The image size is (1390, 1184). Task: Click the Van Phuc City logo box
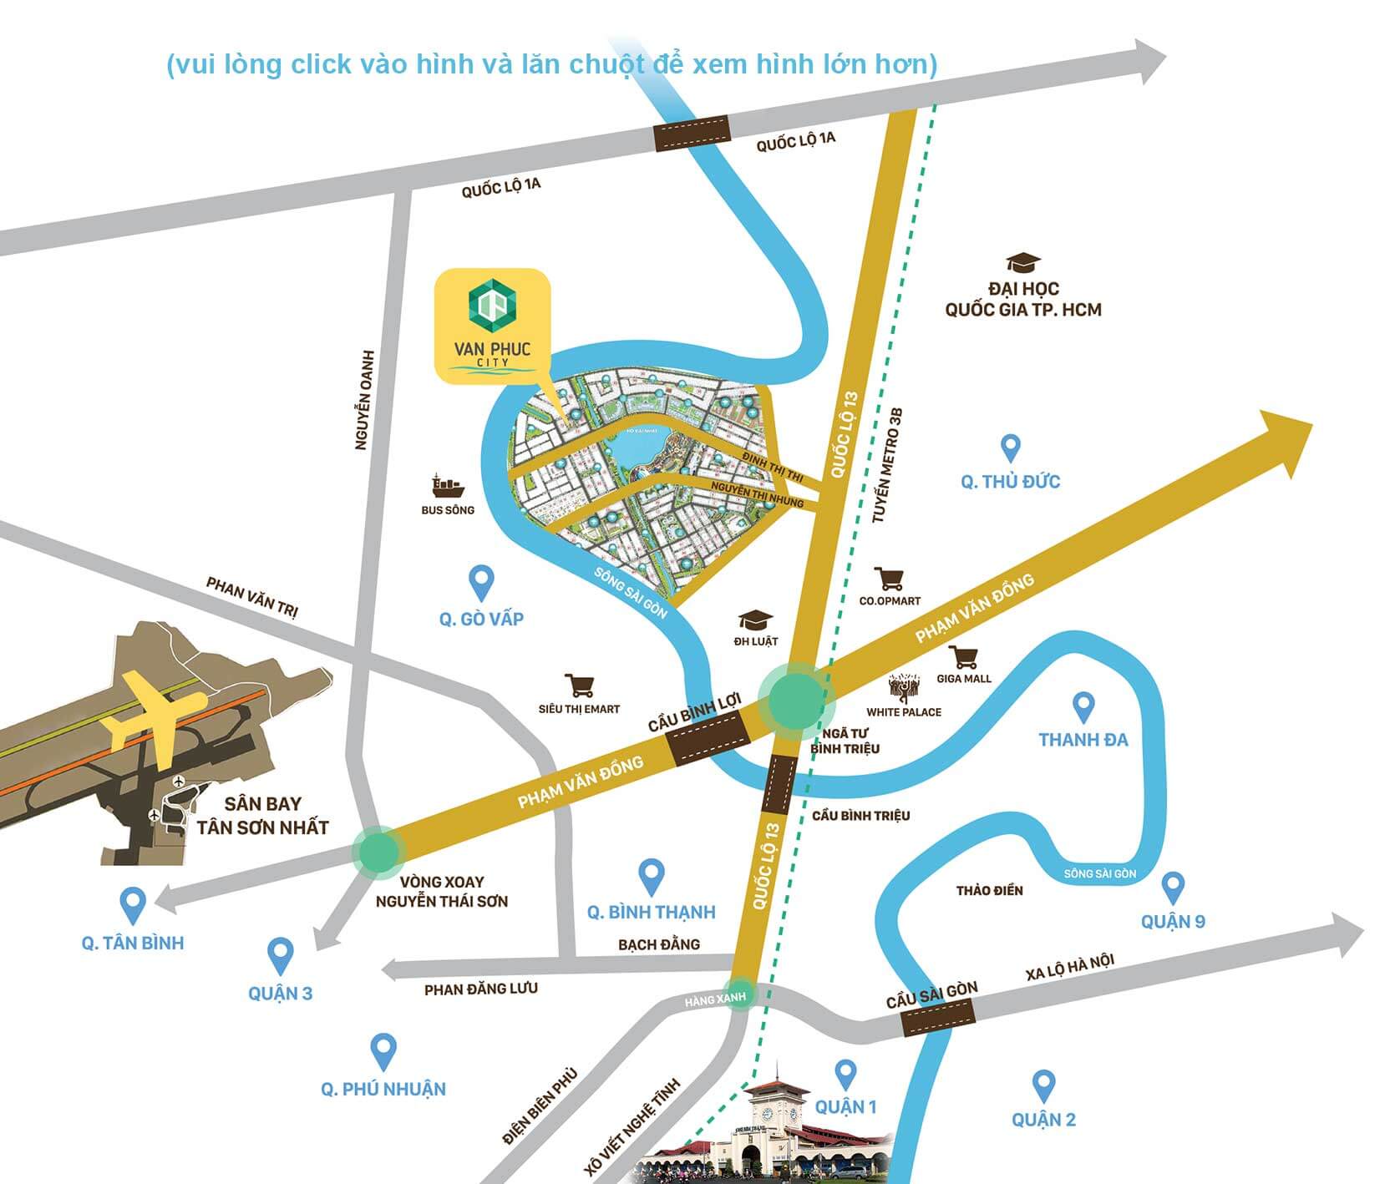(492, 326)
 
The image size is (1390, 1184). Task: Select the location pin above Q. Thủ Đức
(1011, 448)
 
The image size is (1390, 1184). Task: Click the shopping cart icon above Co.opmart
(889, 579)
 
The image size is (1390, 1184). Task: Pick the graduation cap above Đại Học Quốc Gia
(1023, 263)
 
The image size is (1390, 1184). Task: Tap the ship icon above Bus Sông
(448, 485)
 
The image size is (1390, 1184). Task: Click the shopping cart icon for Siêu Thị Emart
(579, 686)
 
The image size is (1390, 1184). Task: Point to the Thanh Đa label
(1083, 740)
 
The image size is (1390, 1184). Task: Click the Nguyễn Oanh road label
(364, 400)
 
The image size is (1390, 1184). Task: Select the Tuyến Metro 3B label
(887, 465)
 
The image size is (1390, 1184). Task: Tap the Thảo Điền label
(989, 891)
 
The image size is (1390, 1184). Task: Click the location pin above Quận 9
(1173, 888)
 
